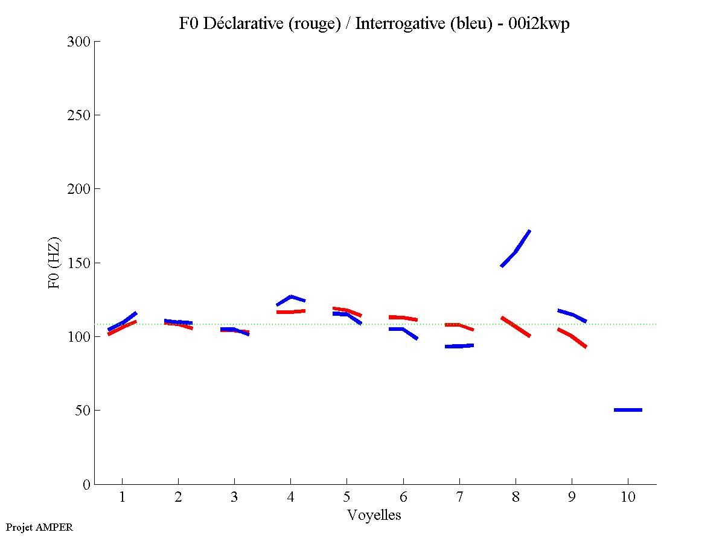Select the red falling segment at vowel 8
[516, 326]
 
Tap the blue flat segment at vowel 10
[628, 410]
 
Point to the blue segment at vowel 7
[459, 346]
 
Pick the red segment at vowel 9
[572, 336]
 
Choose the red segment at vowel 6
[403, 318]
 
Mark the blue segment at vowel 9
[572, 315]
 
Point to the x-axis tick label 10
[628, 498]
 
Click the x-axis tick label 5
[347, 498]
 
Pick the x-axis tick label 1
[123, 498]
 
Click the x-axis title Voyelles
[374, 515]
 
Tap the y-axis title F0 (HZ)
[54, 263]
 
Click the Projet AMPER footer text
[39, 527]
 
